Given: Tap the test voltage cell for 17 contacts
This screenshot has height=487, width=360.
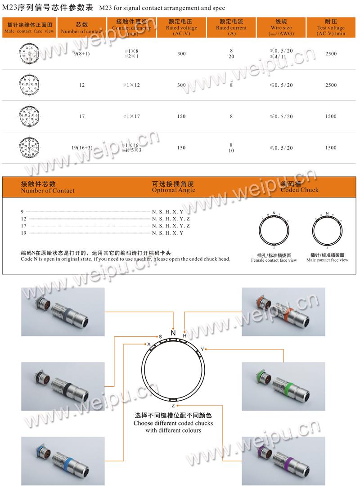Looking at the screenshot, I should (x=330, y=116).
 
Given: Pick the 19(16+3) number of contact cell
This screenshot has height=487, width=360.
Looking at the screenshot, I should (x=81, y=147).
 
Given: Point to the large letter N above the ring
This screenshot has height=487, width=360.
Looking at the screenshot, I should (x=173, y=333).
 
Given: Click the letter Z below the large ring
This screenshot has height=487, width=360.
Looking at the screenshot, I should (x=173, y=406).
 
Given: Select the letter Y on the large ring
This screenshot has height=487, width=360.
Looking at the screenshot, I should (x=202, y=349).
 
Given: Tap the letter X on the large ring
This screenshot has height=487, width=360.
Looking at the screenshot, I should (x=148, y=344).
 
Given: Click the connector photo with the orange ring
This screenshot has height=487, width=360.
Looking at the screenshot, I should (x=283, y=312).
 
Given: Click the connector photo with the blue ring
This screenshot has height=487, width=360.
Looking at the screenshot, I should (x=63, y=461).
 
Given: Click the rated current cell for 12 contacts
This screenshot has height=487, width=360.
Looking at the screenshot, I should (x=231, y=85).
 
